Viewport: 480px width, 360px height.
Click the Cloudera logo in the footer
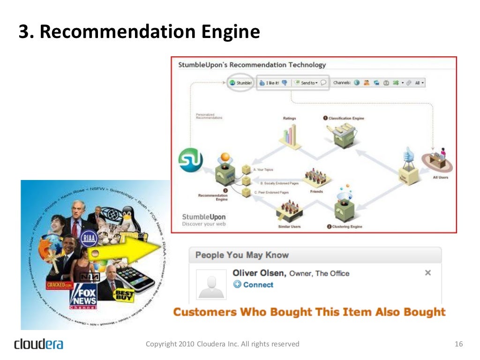(x=38, y=344)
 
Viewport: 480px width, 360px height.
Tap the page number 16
(x=458, y=344)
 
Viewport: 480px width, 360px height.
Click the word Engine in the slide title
(x=231, y=32)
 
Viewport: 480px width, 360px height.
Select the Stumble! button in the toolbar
(x=241, y=83)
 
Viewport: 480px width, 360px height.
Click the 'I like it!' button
(x=270, y=83)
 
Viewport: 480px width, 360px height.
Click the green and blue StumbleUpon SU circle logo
(x=191, y=160)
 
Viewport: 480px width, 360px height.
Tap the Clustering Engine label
(x=347, y=227)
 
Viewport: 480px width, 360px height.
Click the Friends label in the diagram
(x=317, y=192)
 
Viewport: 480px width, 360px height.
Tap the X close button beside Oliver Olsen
(x=427, y=273)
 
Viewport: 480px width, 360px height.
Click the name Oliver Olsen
(x=259, y=273)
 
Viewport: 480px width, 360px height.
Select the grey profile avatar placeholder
(x=211, y=284)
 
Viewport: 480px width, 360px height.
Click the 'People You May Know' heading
(x=242, y=255)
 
